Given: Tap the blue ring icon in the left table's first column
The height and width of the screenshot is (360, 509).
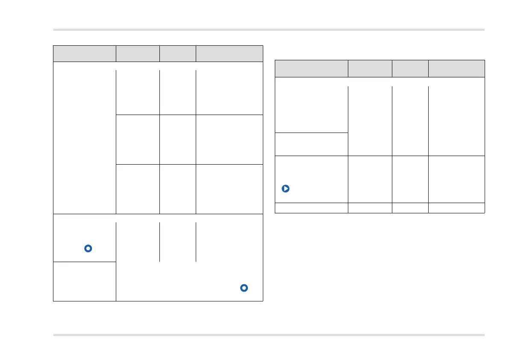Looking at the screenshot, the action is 88,248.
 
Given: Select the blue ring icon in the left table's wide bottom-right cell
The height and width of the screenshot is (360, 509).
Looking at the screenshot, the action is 244,288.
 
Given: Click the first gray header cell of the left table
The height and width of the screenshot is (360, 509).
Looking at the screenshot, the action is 85,53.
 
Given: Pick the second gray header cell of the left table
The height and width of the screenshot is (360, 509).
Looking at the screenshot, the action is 138,53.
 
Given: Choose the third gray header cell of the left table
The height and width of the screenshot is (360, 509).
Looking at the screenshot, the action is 177,53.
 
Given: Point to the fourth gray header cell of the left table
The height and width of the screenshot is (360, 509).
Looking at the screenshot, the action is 229,53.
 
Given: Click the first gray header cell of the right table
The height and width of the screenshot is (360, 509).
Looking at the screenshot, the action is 311,68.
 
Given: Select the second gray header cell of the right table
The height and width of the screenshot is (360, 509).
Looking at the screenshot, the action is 370,68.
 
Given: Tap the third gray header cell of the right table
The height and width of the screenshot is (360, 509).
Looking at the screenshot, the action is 410,68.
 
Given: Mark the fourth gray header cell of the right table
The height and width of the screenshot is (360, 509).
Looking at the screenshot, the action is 456,68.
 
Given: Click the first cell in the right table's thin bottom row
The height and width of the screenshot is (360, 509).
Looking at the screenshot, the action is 311,208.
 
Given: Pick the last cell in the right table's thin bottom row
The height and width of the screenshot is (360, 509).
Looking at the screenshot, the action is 456,208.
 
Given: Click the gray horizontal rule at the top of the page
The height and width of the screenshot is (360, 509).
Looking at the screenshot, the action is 269,30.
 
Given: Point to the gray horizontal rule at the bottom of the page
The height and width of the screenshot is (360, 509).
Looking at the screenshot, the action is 269,335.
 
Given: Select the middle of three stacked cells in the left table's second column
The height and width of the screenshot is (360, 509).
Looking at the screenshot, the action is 138,139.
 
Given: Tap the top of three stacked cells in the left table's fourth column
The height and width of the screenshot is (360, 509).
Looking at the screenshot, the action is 229,92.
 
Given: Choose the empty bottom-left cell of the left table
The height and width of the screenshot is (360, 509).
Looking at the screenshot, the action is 85,281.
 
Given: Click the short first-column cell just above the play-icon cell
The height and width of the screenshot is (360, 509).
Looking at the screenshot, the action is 311,144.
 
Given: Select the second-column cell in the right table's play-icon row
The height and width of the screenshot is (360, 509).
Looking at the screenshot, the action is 370,179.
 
